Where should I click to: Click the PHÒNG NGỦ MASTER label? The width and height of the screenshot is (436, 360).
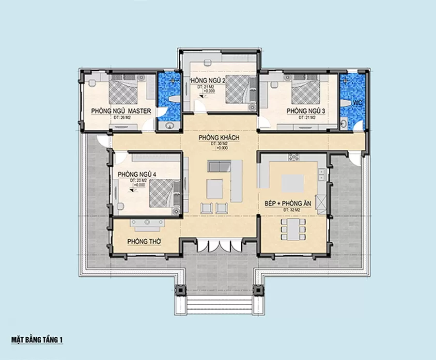121,111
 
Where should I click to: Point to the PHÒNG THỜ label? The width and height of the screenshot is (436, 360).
144,241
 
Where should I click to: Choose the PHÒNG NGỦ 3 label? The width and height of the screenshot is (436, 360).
305,111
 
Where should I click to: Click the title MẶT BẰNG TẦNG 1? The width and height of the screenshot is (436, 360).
37,340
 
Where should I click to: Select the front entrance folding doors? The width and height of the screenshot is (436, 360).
219,245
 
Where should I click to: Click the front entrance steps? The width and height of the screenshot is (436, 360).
219,305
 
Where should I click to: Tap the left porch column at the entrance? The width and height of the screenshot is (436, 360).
180,290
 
